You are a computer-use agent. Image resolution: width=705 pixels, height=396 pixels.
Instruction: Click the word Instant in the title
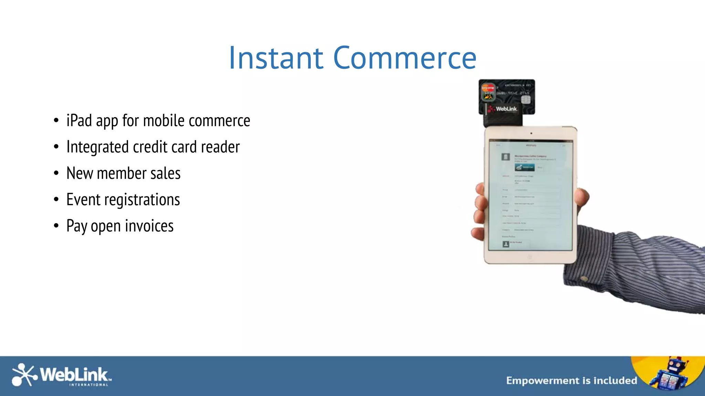[x=276, y=58]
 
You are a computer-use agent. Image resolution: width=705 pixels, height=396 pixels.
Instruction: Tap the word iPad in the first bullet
[x=79, y=121]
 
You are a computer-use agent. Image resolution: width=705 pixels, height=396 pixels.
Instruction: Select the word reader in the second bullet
[x=220, y=147]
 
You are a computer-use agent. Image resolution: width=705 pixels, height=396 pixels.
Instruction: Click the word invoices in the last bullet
[x=149, y=226]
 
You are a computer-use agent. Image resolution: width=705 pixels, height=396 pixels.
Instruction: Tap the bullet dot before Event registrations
[x=56, y=200]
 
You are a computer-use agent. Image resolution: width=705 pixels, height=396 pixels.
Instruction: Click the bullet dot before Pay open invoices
[x=56, y=226]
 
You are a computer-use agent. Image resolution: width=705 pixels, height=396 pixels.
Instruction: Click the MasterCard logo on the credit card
[x=487, y=88]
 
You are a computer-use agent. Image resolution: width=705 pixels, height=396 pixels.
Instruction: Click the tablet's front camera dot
[x=531, y=133]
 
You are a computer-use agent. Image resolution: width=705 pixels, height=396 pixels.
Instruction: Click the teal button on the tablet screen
[x=524, y=167]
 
